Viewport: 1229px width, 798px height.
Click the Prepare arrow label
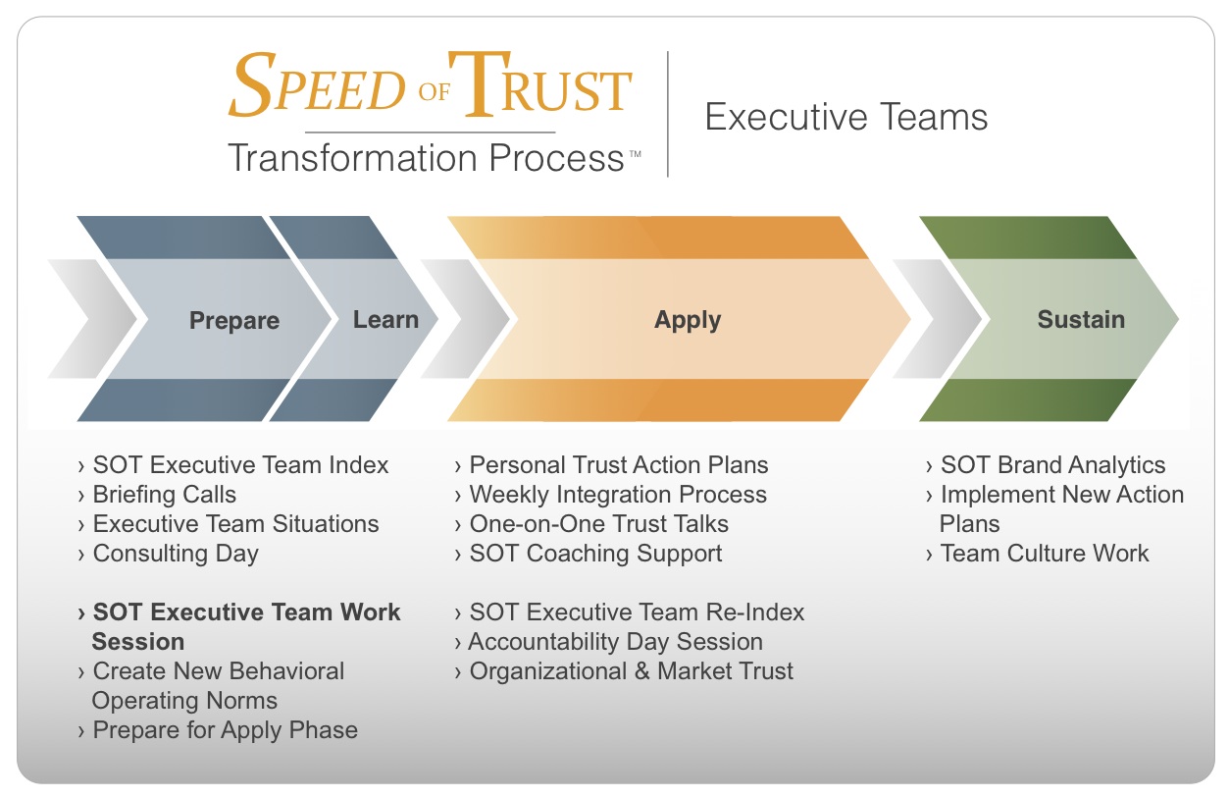pyautogui.click(x=234, y=321)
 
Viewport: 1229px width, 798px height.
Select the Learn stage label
pyautogui.click(x=385, y=320)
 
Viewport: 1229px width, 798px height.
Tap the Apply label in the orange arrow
pyautogui.click(x=688, y=321)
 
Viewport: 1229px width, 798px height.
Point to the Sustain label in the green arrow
pyautogui.click(x=1081, y=320)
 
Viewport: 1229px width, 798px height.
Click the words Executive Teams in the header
pyautogui.click(x=846, y=117)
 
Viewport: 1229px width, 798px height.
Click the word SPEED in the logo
pyautogui.click(x=317, y=84)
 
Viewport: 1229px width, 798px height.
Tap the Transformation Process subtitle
pyautogui.click(x=427, y=158)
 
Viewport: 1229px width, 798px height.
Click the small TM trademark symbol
pyautogui.click(x=635, y=154)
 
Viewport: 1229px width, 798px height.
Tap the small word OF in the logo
pyautogui.click(x=434, y=91)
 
